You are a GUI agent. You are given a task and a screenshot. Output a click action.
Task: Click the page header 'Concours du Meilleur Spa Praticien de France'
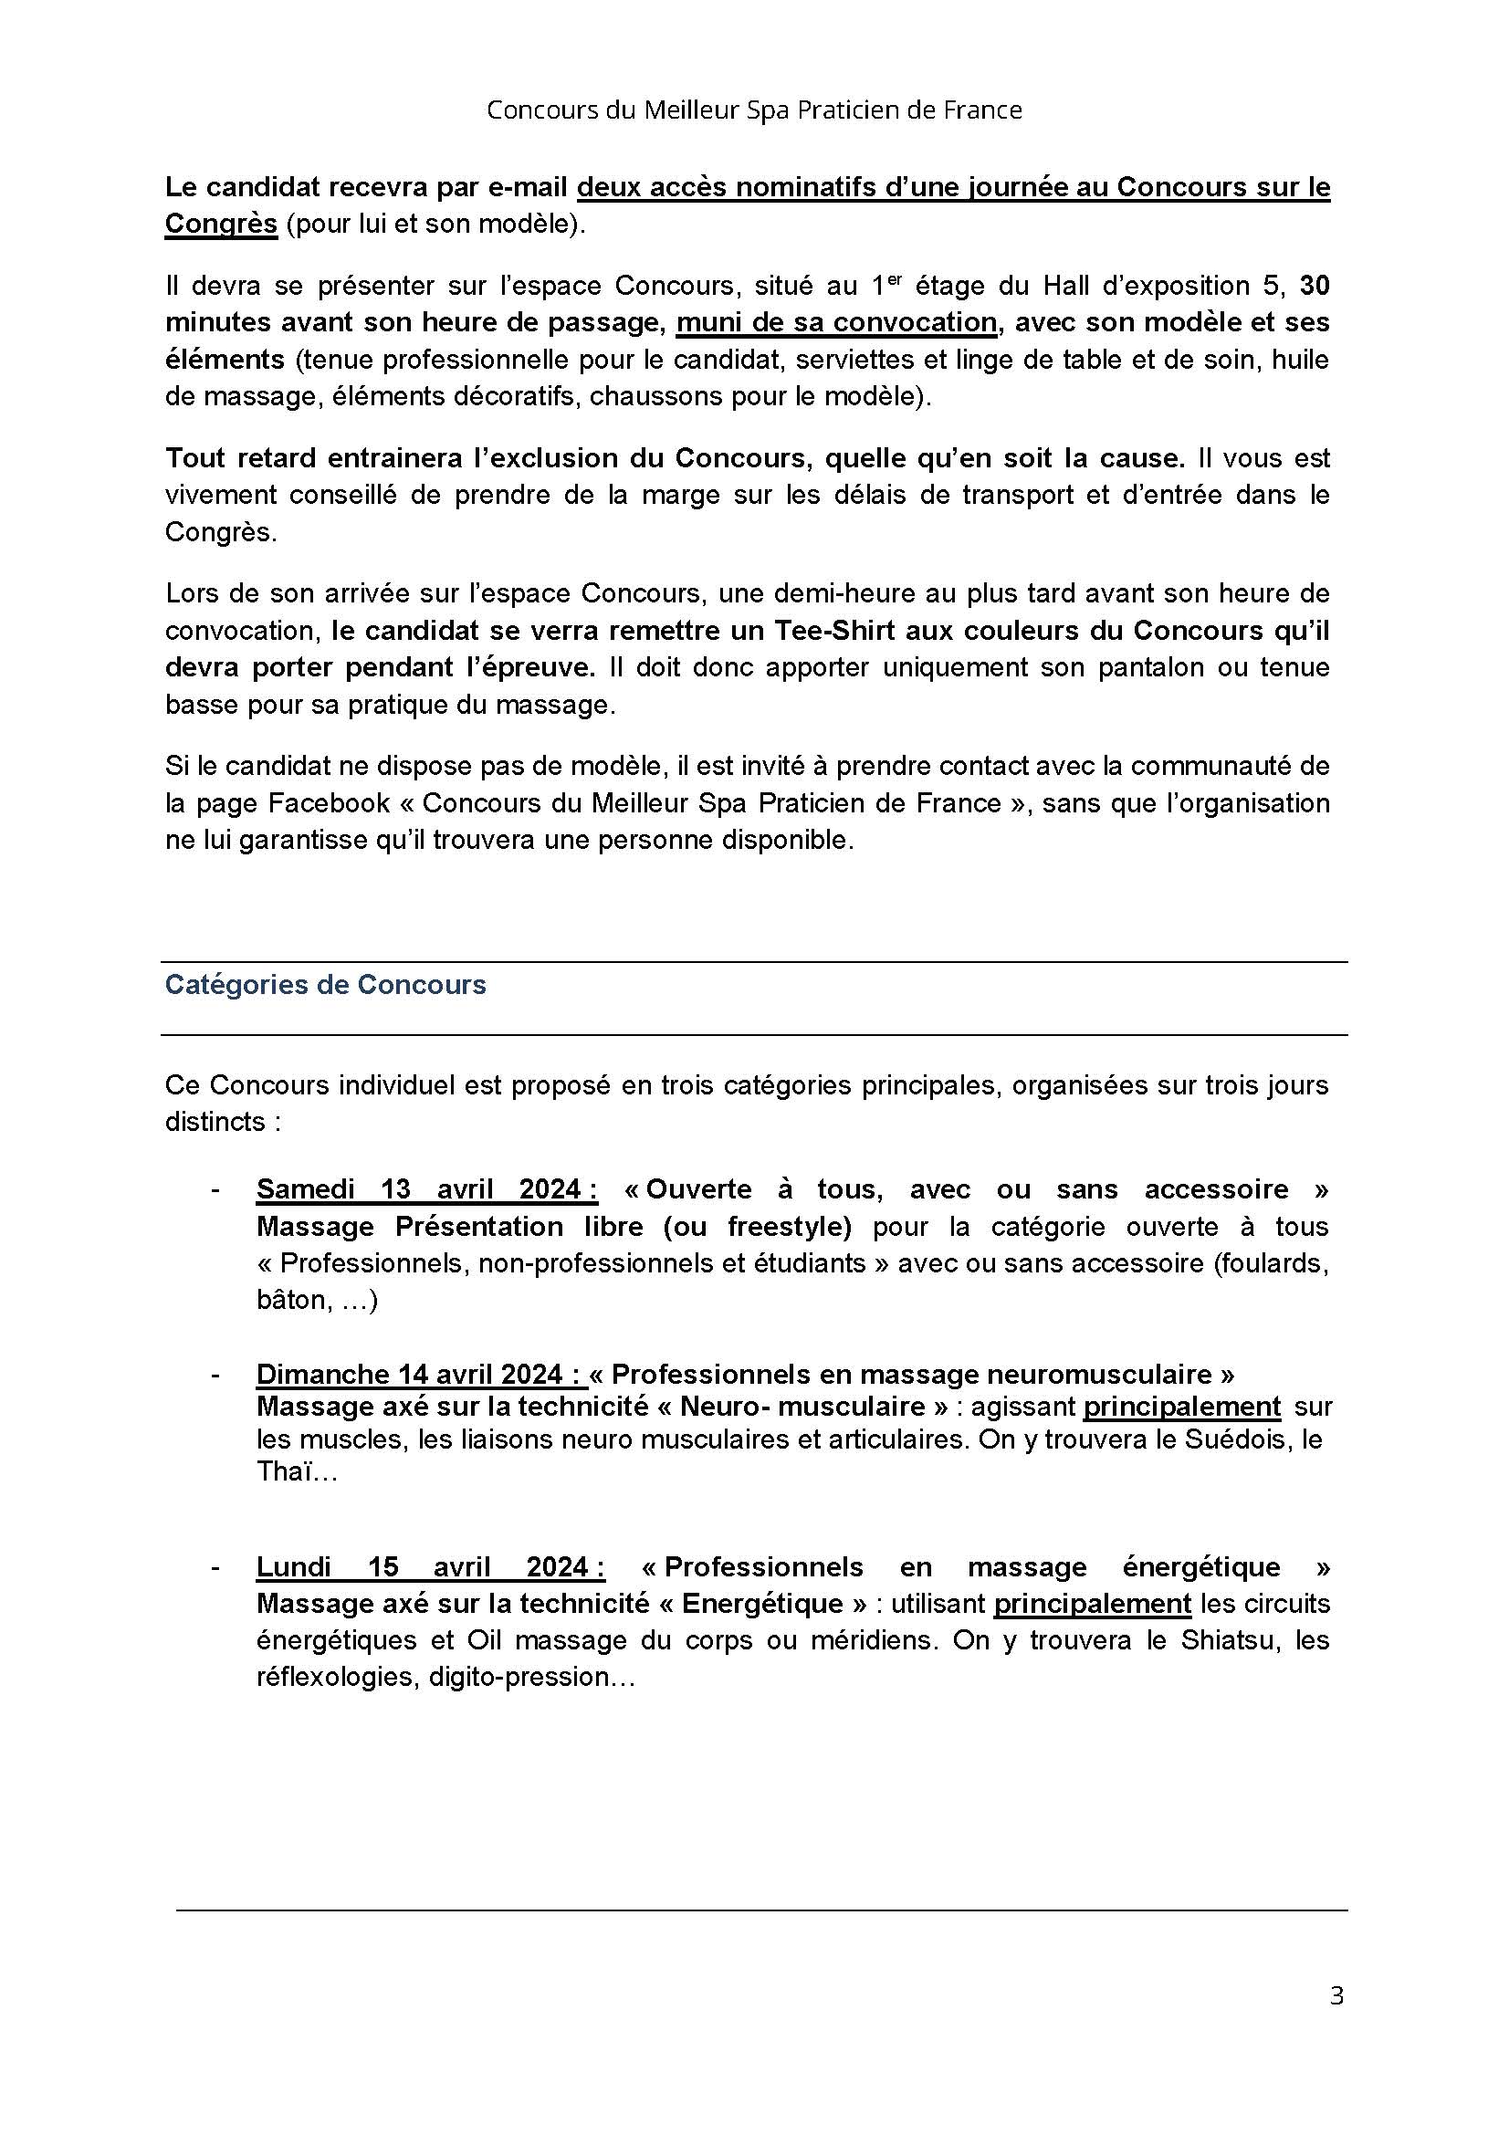click(x=754, y=110)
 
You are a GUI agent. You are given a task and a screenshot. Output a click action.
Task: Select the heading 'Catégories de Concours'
click(x=325, y=985)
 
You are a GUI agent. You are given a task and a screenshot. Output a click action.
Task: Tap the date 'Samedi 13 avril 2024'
click(x=426, y=1189)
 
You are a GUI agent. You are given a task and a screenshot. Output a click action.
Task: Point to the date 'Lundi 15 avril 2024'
click(x=431, y=1567)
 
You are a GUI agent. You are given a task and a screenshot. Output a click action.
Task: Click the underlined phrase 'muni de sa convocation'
click(x=836, y=321)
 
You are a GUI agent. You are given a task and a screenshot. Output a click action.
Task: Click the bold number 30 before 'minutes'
click(x=1314, y=286)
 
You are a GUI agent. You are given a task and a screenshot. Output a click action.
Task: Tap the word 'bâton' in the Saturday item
click(x=289, y=1300)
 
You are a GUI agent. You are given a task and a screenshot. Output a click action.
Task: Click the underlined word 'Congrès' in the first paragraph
click(x=221, y=225)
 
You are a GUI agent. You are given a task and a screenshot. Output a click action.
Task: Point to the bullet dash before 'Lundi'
click(x=215, y=1568)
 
